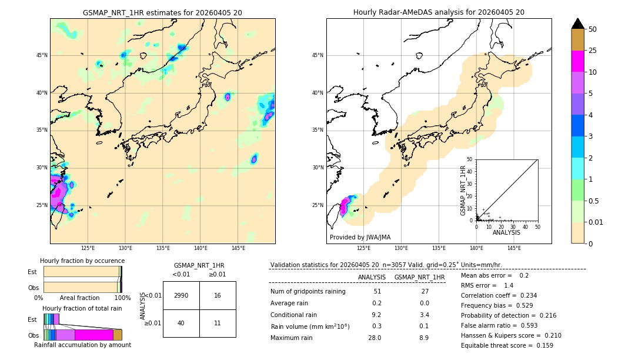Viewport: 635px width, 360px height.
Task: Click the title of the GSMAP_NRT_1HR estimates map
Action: click(x=162, y=12)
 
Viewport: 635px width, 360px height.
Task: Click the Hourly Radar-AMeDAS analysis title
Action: click(x=439, y=12)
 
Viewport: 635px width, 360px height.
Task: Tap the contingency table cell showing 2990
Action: click(x=181, y=295)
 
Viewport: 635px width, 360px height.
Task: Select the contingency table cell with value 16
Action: click(x=218, y=295)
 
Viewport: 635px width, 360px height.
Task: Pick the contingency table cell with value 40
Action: click(x=181, y=323)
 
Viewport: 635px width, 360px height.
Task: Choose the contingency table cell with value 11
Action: click(x=218, y=323)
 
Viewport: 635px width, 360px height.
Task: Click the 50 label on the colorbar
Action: click(x=593, y=29)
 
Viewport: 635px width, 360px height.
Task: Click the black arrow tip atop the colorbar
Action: click(x=578, y=22)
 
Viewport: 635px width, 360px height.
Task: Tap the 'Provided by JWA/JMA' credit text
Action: click(x=360, y=238)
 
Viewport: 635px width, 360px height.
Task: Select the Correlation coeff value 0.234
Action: click(x=523, y=295)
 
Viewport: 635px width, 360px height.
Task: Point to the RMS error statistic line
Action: click(x=487, y=285)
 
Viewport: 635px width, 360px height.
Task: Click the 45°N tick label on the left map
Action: click(x=42, y=55)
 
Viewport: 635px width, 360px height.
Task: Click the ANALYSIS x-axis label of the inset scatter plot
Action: click(x=506, y=233)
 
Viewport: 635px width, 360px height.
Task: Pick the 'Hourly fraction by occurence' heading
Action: click(x=82, y=261)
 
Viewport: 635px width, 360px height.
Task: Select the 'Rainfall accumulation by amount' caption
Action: click(x=82, y=345)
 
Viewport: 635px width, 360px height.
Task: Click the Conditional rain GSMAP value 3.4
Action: click(x=424, y=315)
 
